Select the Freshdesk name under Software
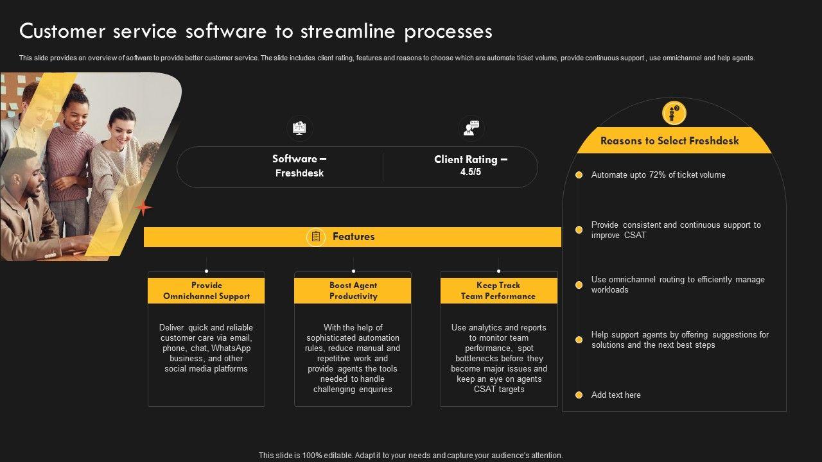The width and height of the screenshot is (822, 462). (299, 173)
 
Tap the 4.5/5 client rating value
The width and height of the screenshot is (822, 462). (471, 173)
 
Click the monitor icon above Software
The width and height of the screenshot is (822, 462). (299, 128)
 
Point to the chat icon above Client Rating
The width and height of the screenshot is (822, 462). (471, 128)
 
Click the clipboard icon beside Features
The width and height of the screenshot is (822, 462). (315, 237)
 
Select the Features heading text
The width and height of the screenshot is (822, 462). (353, 237)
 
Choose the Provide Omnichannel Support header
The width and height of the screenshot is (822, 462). (206, 291)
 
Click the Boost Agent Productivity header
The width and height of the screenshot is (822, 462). (353, 291)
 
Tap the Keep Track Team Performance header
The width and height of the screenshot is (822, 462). (498, 291)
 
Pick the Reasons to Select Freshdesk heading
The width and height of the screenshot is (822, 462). (669, 141)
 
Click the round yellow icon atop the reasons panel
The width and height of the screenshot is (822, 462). (674, 114)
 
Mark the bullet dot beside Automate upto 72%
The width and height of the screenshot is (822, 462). (579, 175)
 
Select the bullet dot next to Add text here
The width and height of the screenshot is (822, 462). (579, 395)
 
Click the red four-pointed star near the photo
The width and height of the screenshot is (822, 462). (144, 208)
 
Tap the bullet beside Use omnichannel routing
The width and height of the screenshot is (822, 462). (579, 284)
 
